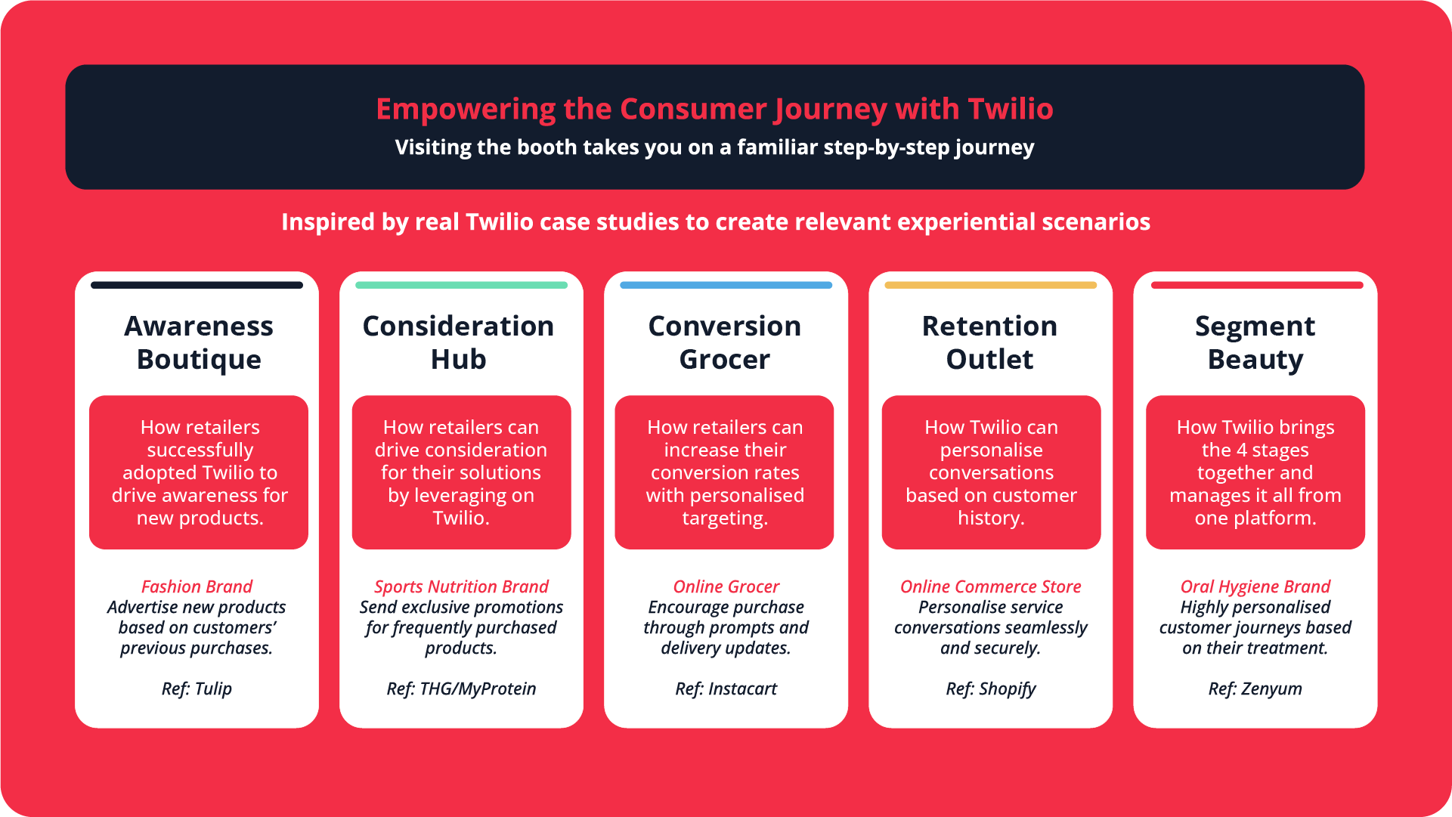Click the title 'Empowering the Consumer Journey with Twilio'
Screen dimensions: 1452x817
point(714,110)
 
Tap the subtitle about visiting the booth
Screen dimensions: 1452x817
point(714,147)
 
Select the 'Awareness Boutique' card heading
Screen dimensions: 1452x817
point(199,342)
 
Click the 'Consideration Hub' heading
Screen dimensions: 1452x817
point(458,342)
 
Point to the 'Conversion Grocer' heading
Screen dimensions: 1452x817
point(725,342)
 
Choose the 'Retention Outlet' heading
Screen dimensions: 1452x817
point(990,342)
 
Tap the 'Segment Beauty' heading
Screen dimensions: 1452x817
point(1255,342)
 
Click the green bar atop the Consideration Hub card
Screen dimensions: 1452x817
point(461,285)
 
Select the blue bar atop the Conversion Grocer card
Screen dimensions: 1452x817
point(726,285)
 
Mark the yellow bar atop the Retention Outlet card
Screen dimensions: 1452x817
point(990,285)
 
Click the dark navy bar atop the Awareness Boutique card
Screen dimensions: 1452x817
point(197,285)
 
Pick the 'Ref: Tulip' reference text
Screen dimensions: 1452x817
point(197,689)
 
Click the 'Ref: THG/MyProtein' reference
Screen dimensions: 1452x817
point(461,689)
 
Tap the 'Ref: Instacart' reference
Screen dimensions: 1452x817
point(726,689)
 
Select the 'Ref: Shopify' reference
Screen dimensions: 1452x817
point(991,689)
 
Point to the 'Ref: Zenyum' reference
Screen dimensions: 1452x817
point(1255,689)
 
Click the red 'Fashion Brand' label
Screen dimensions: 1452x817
point(197,586)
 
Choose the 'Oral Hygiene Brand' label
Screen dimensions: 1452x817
point(1255,586)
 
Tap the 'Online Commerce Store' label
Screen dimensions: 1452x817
point(991,586)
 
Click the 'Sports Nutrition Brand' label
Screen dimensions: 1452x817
point(461,586)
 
